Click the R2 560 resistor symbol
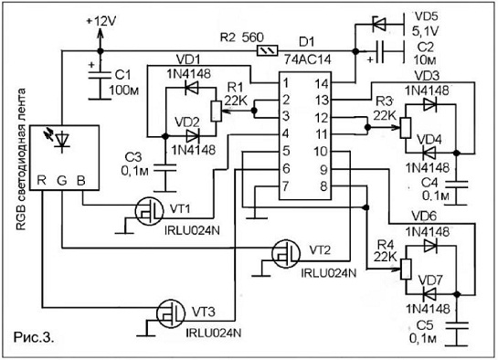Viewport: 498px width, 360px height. (x=267, y=50)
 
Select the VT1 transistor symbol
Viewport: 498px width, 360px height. (x=149, y=210)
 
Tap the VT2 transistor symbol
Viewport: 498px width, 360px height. (x=286, y=254)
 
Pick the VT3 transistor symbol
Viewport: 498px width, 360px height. (x=171, y=313)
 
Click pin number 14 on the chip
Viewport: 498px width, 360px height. (x=322, y=84)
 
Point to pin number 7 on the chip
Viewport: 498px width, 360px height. (x=286, y=186)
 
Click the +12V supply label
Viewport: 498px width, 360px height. (x=101, y=22)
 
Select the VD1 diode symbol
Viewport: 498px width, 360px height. (x=192, y=88)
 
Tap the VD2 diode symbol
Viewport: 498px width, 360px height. (x=193, y=136)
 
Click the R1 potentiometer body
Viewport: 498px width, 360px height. (x=216, y=111)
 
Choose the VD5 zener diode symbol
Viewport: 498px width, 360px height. (x=379, y=24)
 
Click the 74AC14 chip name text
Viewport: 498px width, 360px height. (x=307, y=59)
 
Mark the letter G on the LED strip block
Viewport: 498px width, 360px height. (x=62, y=180)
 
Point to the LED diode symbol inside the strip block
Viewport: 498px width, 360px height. (x=62, y=140)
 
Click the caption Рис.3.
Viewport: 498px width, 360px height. (x=34, y=337)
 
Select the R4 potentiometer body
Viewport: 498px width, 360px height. (x=406, y=269)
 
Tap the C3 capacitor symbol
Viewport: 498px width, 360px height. (x=164, y=168)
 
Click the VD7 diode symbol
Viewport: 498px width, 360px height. (x=429, y=294)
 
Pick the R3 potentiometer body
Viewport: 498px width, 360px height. (x=406, y=127)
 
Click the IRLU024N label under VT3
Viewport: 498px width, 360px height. (x=214, y=333)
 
